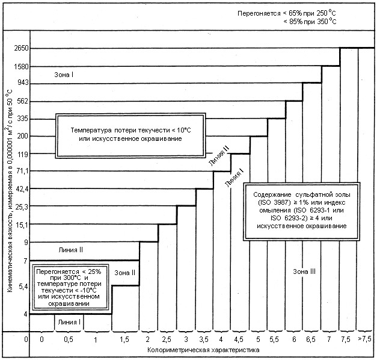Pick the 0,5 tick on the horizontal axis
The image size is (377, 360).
point(69,341)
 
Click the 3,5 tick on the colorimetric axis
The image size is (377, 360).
point(203,341)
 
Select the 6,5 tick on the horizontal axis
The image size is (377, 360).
point(311,341)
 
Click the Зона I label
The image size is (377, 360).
point(64,75)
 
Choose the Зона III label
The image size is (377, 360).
point(304,272)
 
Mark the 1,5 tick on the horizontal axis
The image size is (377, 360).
point(124,341)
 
